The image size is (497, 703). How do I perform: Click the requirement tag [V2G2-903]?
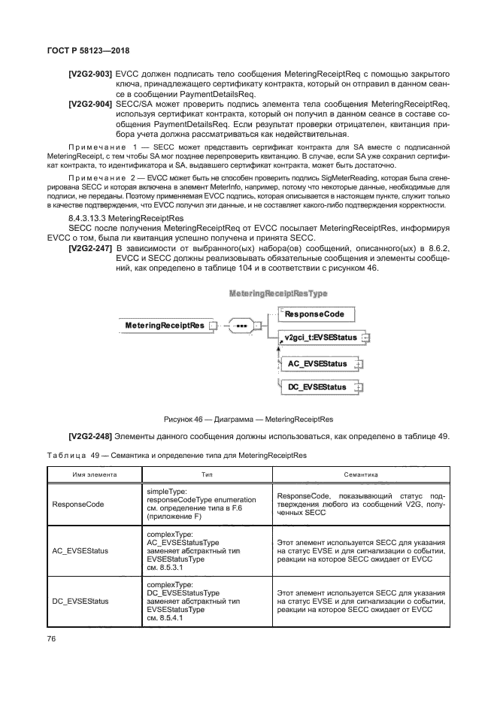point(90,75)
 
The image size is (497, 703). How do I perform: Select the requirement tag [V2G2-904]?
point(90,104)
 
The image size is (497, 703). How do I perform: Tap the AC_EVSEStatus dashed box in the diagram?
point(317,364)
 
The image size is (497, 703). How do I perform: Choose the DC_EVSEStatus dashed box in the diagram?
point(317,387)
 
